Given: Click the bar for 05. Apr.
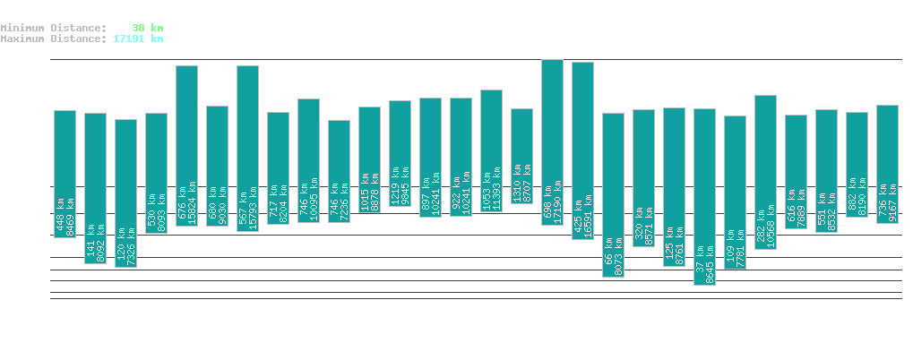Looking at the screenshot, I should [552, 141].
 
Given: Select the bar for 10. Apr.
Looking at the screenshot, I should [704, 196].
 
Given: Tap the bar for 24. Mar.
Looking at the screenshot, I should [186, 145].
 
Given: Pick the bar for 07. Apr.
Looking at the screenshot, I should [613, 194].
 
